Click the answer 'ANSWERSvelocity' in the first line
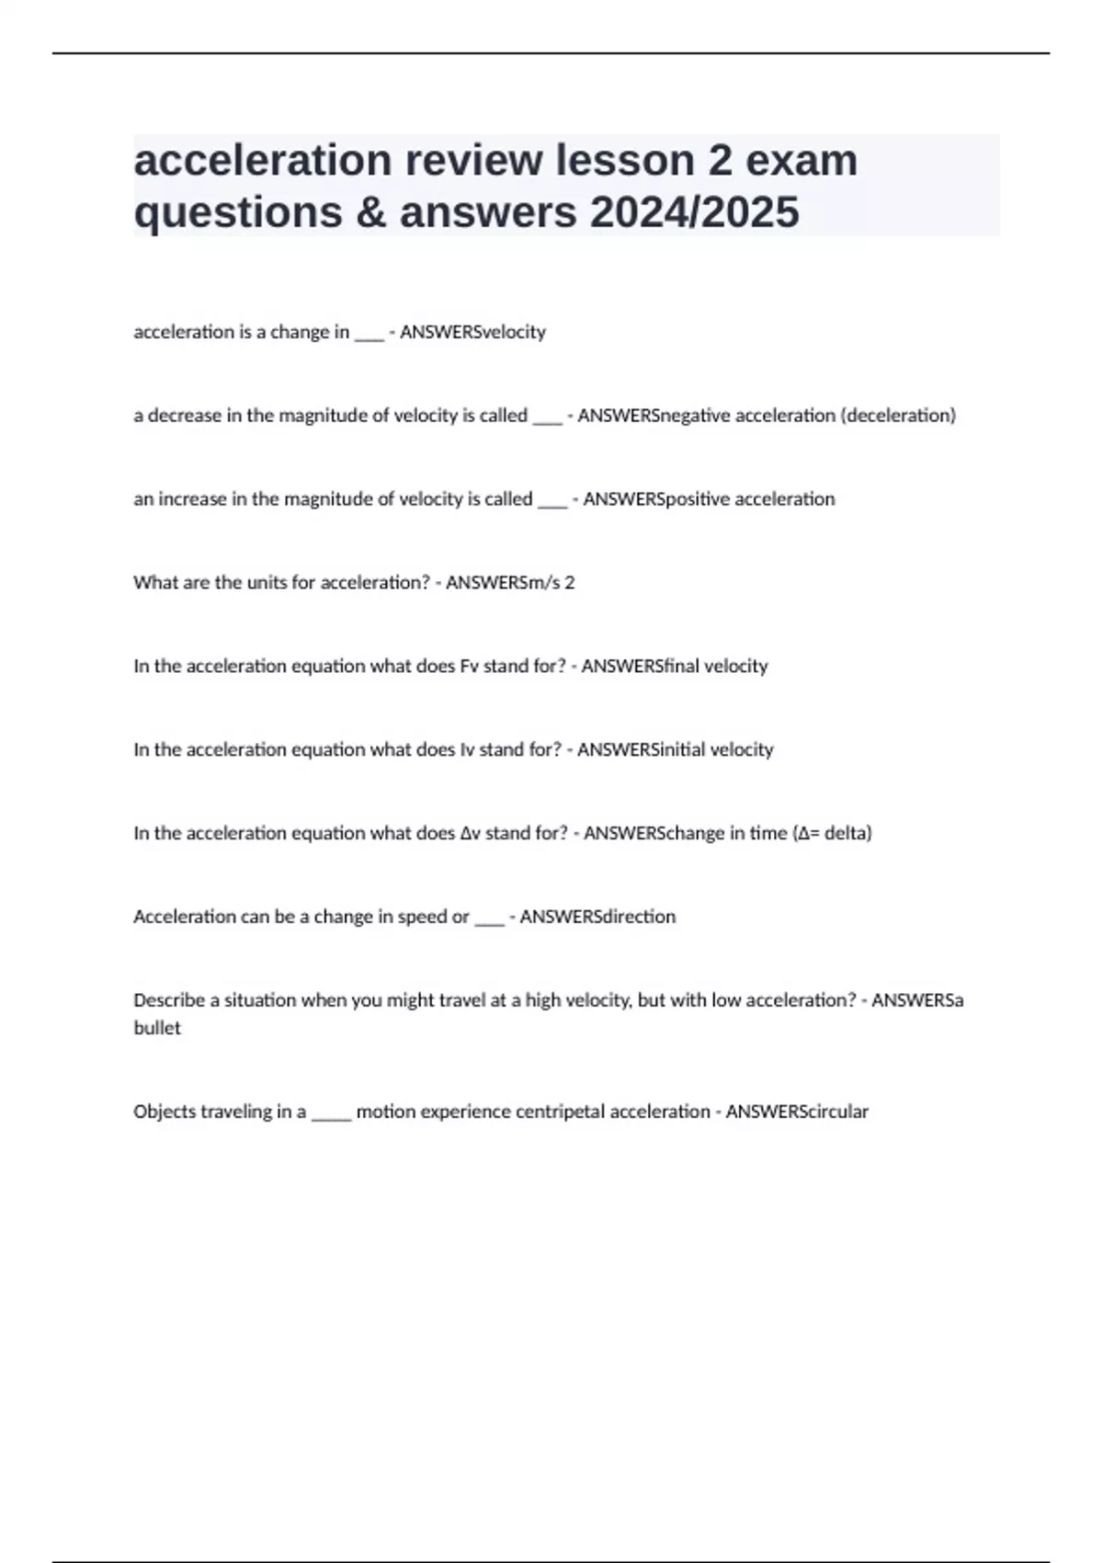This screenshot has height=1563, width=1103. point(472,332)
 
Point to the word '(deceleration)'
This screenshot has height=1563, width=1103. point(898,416)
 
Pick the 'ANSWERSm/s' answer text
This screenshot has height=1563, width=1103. point(503,583)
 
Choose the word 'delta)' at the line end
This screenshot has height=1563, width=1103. point(847,834)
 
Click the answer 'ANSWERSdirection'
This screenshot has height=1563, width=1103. point(597,917)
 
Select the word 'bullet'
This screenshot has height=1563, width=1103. point(157,1029)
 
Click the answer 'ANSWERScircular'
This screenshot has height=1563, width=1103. point(797,1112)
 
